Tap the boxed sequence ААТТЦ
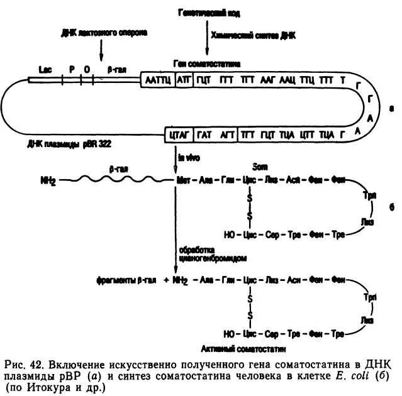click(x=157, y=81)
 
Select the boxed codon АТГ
click(x=183, y=81)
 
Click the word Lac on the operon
click(x=44, y=70)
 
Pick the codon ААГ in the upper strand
click(x=267, y=81)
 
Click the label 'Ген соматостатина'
click(x=207, y=65)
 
